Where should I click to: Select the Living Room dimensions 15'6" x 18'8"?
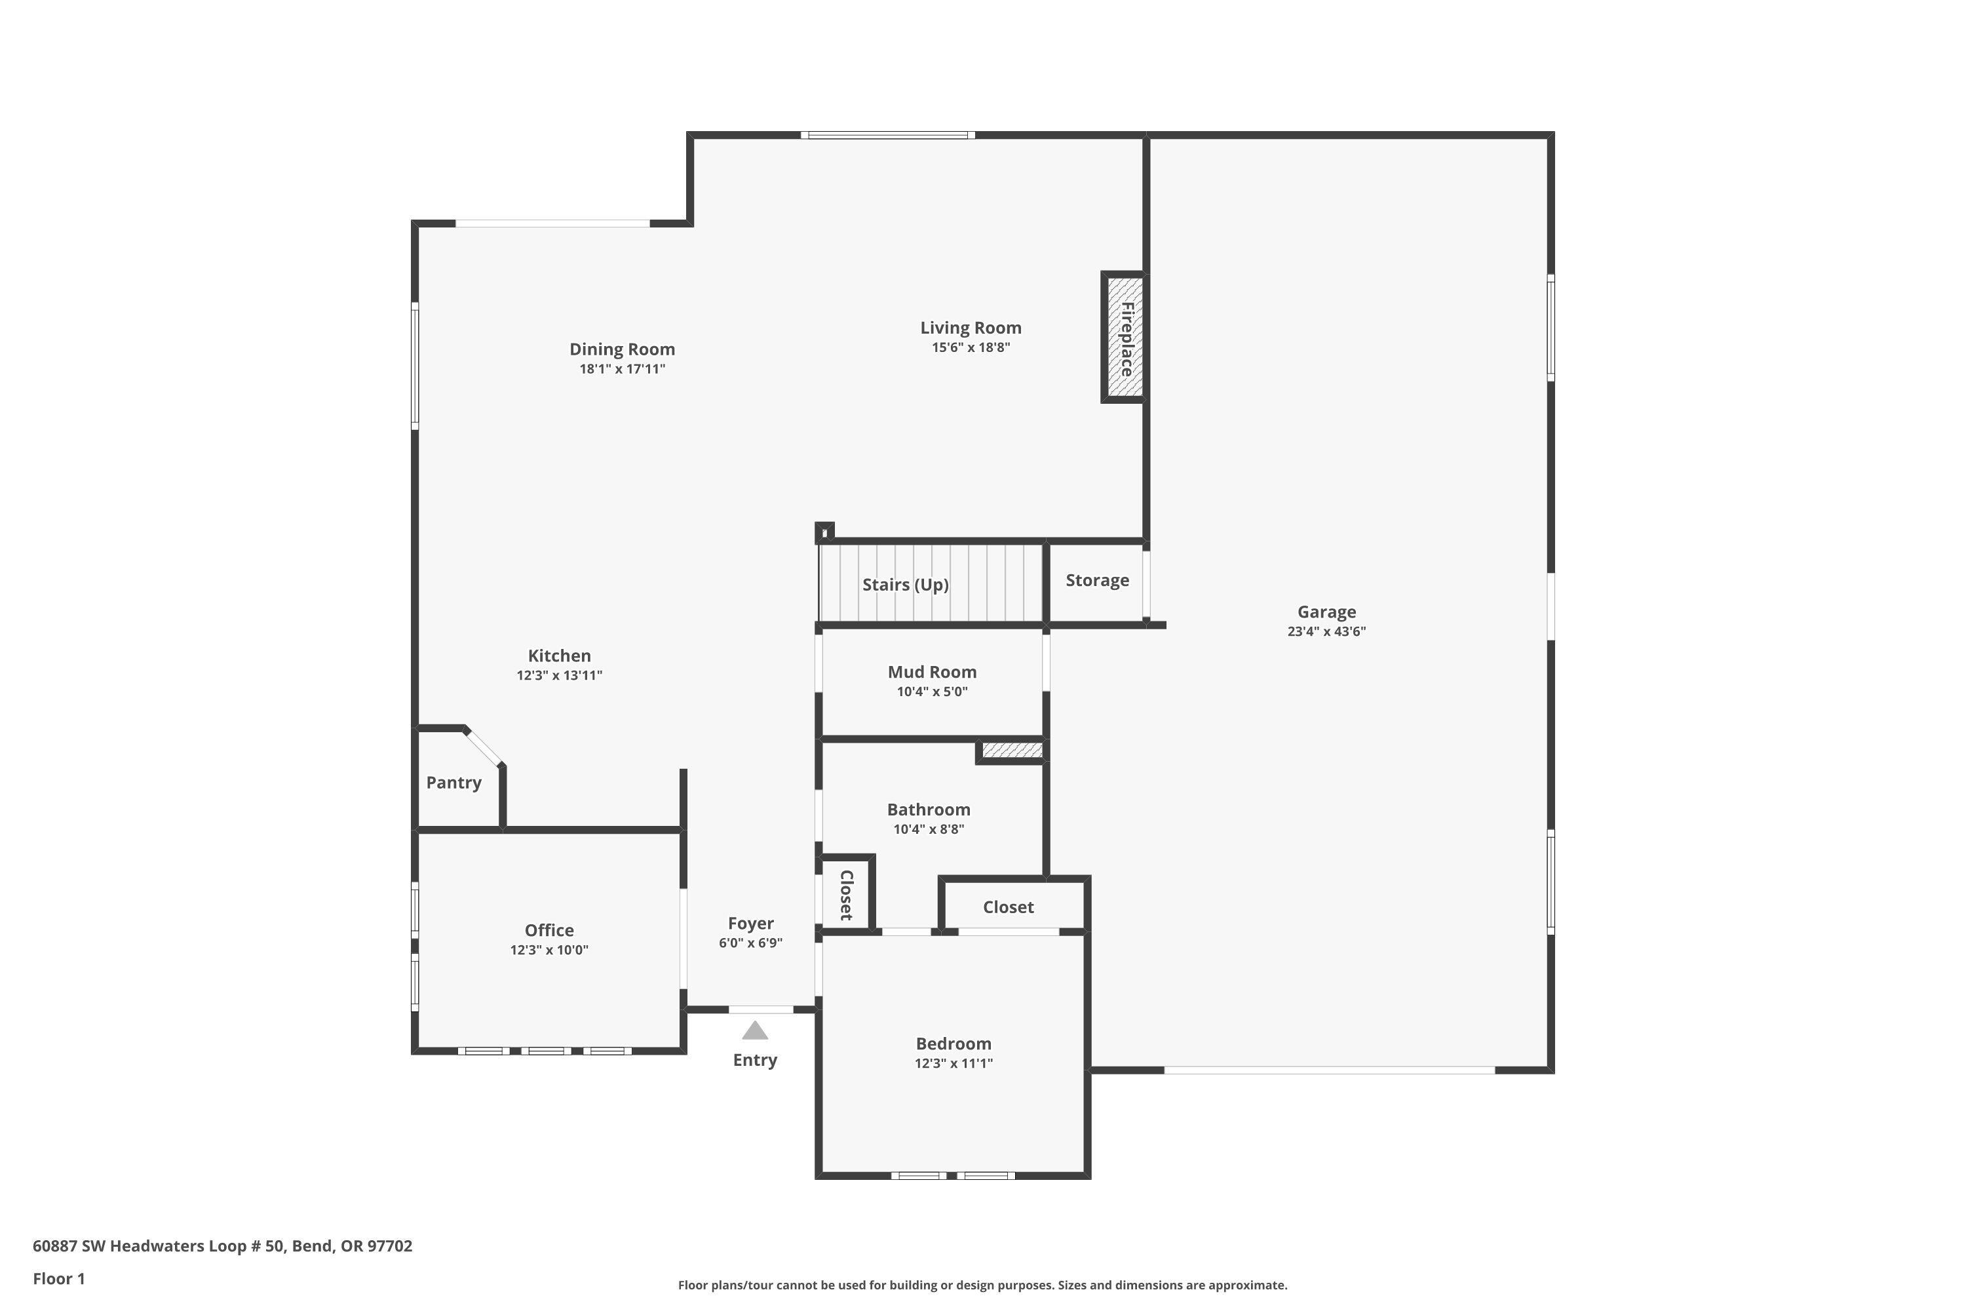tap(971, 348)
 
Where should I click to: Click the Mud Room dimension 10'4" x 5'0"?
tap(932, 692)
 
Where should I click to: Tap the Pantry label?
tap(454, 783)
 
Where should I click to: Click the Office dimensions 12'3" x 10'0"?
tap(549, 950)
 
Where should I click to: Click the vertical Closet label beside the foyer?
tap(846, 895)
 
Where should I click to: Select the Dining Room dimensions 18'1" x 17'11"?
tap(622, 368)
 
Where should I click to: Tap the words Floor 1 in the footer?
tap(58, 1278)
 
